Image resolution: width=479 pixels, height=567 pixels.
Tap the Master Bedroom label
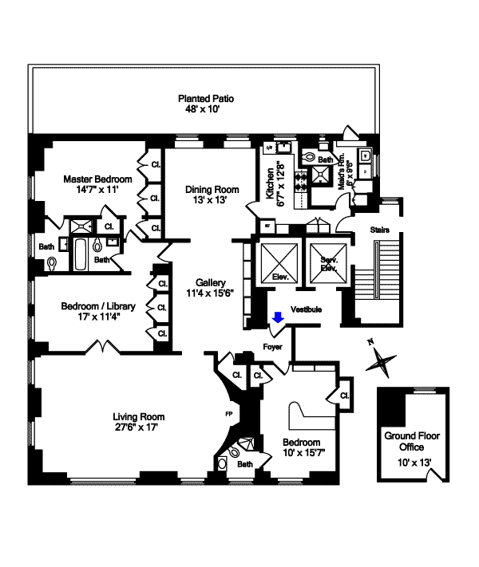[x=91, y=179]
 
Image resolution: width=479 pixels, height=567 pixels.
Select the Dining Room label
[x=212, y=189]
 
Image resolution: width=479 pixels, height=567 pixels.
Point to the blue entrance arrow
[x=278, y=319]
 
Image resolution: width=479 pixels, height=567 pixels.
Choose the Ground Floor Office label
[x=411, y=441]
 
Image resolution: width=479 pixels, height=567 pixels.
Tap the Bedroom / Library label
[x=99, y=305]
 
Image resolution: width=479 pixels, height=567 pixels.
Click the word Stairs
[x=381, y=230]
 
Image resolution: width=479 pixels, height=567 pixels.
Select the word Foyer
[x=273, y=346]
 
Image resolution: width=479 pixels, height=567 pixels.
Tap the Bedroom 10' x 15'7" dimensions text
[x=304, y=454]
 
